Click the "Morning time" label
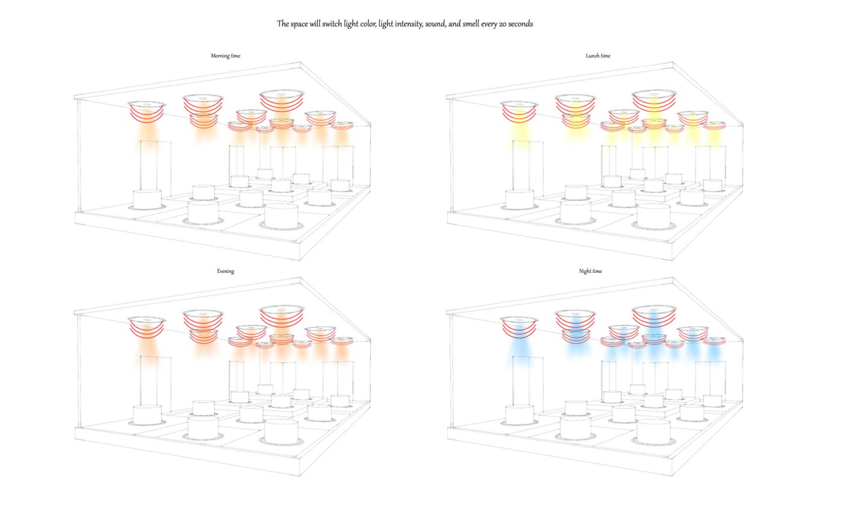(225, 55)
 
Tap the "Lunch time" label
(598, 55)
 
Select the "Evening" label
(225, 271)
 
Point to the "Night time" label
(591, 271)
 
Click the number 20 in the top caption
(503, 24)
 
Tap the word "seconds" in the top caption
(521, 24)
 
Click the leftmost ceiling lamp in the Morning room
(147, 111)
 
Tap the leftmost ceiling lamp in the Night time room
(519, 326)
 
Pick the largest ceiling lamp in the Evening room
(282, 316)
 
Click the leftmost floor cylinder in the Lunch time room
(519, 199)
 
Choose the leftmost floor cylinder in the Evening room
(147, 415)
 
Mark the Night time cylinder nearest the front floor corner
(654, 431)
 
